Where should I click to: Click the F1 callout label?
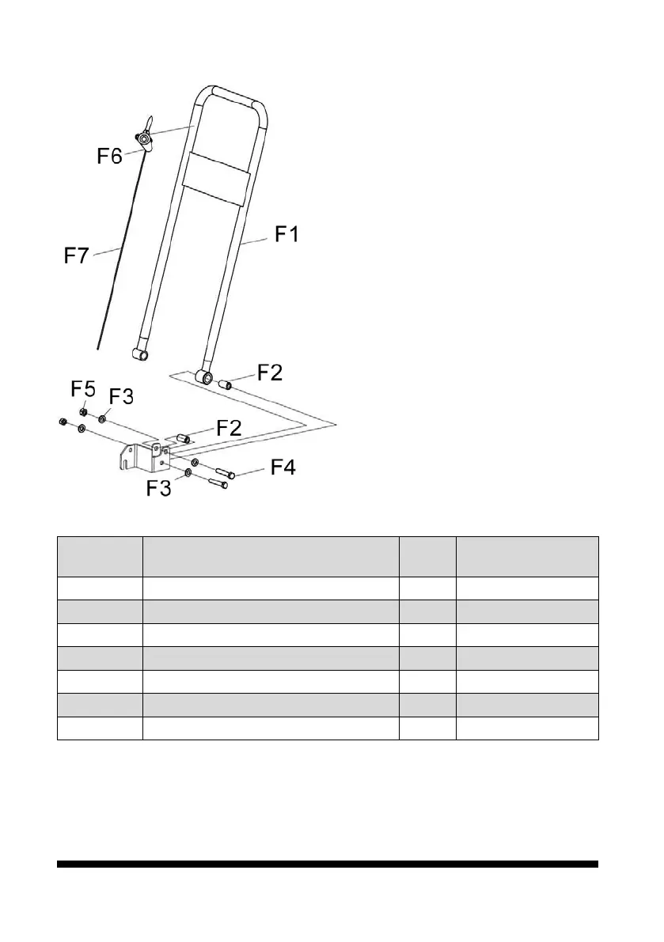pyautogui.click(x=286, y=236)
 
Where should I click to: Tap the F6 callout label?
pyautogui.click(x=109, y=156)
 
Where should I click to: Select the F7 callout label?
pyautogui.click(x=78, y=257)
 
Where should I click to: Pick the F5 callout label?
pyautogui.click(x=84, y=389)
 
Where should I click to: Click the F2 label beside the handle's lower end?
pyautogui.click(x=271, y=373)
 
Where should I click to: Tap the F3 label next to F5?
pyautogui.click(x=120, y=397)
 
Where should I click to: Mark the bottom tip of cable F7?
pyautogui.click(x=98, y=347)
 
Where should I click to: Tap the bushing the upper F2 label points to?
pyautogui.click(x=225, y=385)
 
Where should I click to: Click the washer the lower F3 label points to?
pyautogui.click(x=188, y=473)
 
